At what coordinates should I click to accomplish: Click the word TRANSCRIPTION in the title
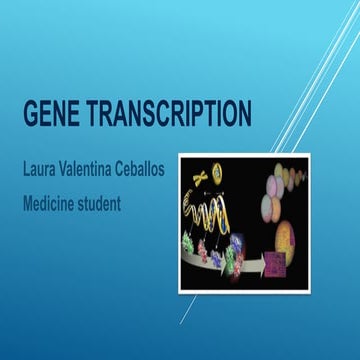coord(172,114)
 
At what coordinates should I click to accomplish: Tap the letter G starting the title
coord(30,114)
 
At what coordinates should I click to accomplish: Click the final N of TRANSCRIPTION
coord(242,114)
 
